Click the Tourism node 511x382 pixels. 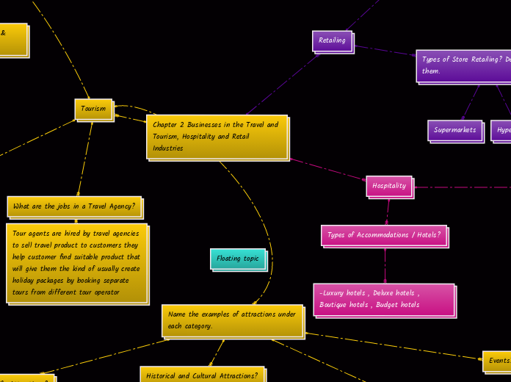click(x=93, y=109)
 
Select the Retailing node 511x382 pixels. click(x=332, y=40)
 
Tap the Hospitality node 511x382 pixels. click(x=388, y=186)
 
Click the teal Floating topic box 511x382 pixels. click(x=238, y=259)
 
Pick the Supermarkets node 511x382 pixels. click(x=454, y=130)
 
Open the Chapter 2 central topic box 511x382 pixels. click(x=217, y=136)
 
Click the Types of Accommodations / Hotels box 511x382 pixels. click(x=383, y=235)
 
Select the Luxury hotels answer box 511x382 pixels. click(x=383, y=299)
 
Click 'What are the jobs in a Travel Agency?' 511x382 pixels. click(x=73, y=206)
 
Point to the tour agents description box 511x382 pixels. click(x=76, y=263)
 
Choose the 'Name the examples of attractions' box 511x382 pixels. click(x=232, y=320)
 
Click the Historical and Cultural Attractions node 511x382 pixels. click(x=202, y=375)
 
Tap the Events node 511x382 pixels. click(x=499, y=361)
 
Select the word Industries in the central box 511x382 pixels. click(x=168, y=148)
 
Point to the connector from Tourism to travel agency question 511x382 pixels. click(x=85, y=158)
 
